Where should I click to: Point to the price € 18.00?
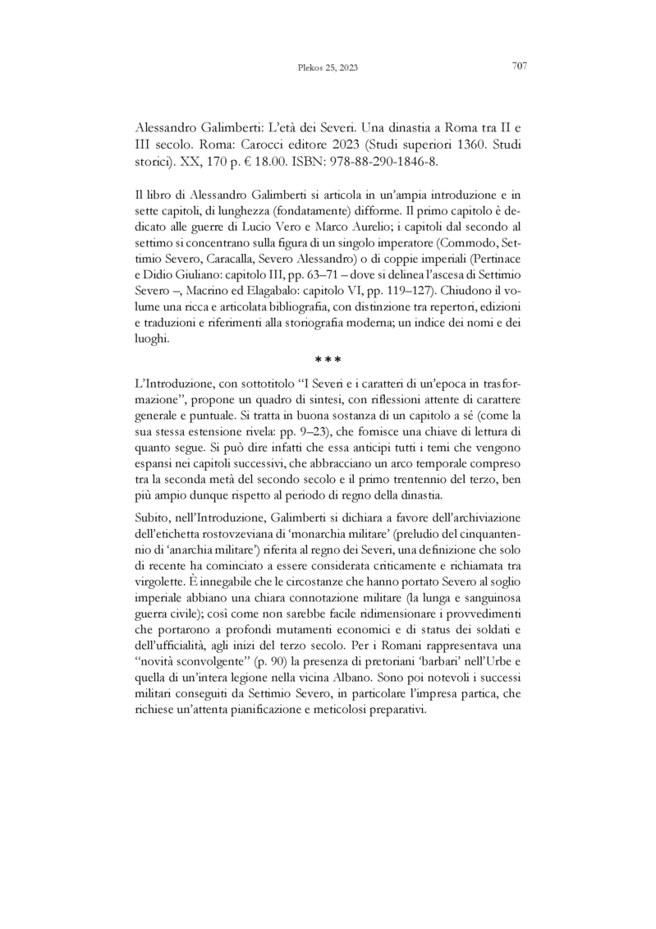[275, 161]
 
